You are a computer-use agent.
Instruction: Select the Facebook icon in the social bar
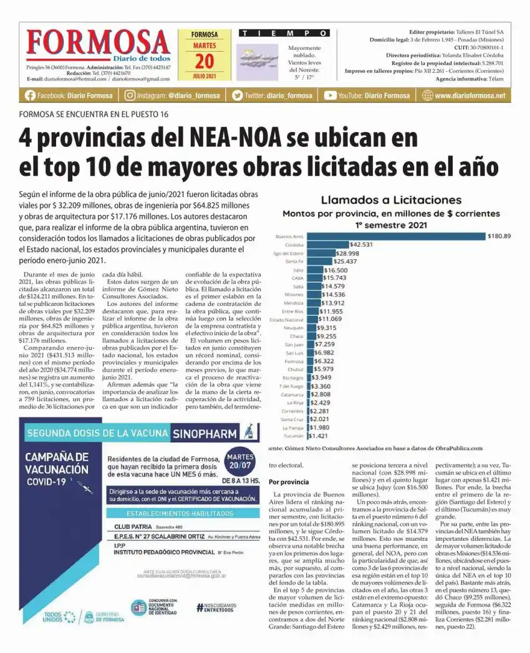click(x=30, y=95)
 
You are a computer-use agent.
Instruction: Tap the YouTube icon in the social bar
click(x=330, y=95)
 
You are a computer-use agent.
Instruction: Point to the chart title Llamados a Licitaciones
click(x=391, y=200)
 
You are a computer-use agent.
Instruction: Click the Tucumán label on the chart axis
click(x=293, y=436)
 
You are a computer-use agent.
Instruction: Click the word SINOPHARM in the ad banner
click(x=205, y=434)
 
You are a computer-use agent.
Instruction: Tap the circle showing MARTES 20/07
click(x=240, y=462)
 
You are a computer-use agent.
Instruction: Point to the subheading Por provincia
click(x=289, y=482)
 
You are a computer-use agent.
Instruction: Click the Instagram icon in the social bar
click(x=130, y=95)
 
